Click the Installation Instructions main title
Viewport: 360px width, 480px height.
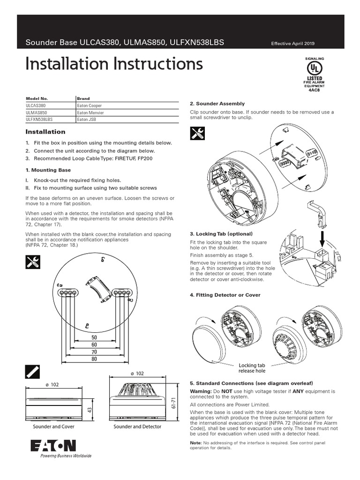(x=114, y=64)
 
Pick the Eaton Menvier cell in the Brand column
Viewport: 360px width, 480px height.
(x=90, y=113)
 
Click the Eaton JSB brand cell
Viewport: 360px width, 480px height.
(x=87, y=120)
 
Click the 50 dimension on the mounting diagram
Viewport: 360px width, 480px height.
(x=94, y=337)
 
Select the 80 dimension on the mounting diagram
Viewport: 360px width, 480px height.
(x=94, y=359)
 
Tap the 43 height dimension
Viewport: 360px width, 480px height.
(x=89, y=410)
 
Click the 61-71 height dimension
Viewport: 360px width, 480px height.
(x=173, y=403)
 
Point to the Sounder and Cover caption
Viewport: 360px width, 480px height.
(x=53, y=427)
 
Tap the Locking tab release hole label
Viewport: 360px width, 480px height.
(x=252, y=368)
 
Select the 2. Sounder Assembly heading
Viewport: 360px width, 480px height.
(x=217, y=103)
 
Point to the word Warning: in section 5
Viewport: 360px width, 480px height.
(x=201, y=391)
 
